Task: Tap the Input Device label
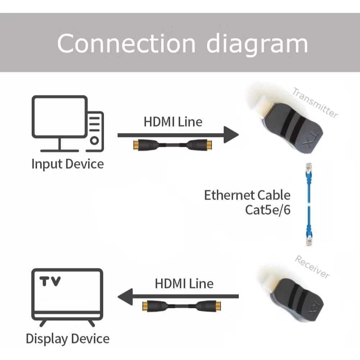68,164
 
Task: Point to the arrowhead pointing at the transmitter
231,135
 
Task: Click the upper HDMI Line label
173,122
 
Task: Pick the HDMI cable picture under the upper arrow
173,145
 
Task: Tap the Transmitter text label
315,103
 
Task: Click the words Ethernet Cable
247,195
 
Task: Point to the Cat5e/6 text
268,210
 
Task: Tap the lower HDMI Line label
184,283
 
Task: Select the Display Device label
68,339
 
